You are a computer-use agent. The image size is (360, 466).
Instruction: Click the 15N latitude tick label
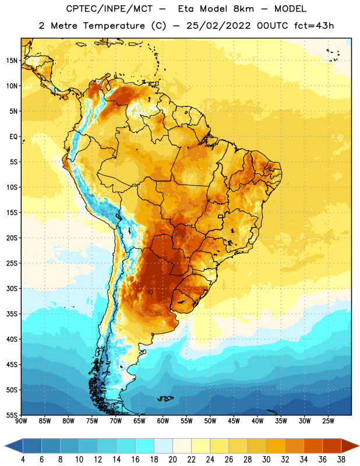[x=12, y=61]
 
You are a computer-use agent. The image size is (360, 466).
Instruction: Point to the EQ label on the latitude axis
[x=13, y=137]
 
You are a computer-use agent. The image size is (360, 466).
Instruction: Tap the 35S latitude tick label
[x=12, y=314]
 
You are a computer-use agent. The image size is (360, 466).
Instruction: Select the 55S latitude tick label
[x=12, y=415]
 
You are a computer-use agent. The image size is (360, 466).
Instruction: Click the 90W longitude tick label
[x=21, y=421]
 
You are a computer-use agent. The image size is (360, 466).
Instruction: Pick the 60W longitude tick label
[x=163, y=421]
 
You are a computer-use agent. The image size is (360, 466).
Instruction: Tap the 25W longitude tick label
[x=328, y=421]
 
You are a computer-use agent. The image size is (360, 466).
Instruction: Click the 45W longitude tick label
[x=234, y=421]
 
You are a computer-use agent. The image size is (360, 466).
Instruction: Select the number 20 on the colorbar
[x=172, y=460]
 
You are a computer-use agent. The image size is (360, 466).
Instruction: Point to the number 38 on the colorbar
[x=341, y=460]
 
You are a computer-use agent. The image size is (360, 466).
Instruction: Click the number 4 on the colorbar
[x=23, y=460]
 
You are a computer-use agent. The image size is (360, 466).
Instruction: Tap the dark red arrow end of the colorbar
[x=350, y=446]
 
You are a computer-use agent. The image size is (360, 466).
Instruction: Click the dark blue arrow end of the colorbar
[x=13, y=446]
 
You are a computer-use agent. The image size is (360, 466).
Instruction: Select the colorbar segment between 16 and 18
[x=144, y=446]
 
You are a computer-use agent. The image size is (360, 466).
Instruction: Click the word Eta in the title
[x=185, y=9]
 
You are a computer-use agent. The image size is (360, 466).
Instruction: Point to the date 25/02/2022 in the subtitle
[x=218, y=26]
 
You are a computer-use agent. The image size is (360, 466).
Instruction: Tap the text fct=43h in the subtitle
[x=314, y=26]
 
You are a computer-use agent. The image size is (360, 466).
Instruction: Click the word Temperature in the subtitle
[x=114, y=26]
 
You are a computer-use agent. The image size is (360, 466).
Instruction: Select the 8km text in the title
[x=243, y=9]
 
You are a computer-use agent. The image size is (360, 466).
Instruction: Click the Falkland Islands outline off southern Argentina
[x=165, y=398]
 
